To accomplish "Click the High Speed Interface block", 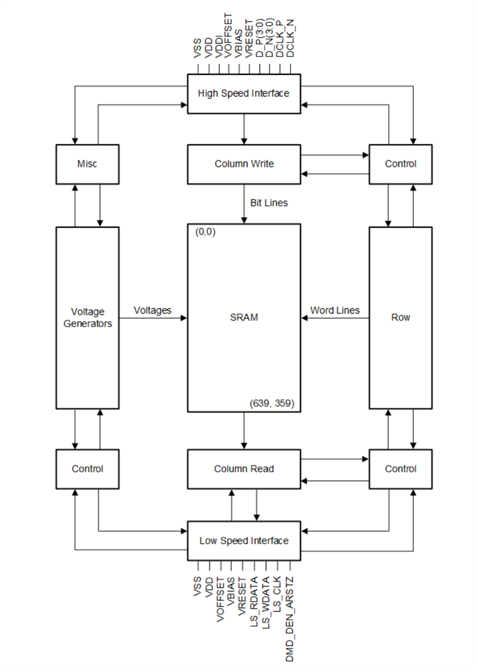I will coord(244,93).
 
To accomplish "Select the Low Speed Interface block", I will coord(244,540).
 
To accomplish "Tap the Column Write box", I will coord(244,164).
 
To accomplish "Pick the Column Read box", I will coord(244,469).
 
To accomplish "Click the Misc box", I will coord(87,164).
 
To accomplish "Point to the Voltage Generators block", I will coord(87,317).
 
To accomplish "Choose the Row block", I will coord(400,317).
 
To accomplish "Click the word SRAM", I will coord(244,317).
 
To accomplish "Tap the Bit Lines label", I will coord(269,203).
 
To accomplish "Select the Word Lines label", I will coord(335,310).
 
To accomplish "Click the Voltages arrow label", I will coord(152,310).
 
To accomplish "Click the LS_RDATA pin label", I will coord(254,601).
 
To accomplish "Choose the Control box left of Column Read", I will coord(87,469).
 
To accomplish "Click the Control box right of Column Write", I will coord(400,164).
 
